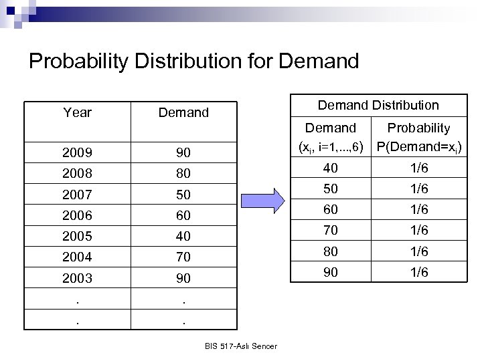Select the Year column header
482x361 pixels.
[77, 112]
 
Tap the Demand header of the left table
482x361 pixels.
[183, 113]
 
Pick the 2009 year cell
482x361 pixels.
[77, 153]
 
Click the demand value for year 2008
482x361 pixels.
[183, 174]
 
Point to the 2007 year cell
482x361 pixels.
[77, 195]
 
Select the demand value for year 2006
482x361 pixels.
[183, 215]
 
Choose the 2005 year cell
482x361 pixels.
[77, 236]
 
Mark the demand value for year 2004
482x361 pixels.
[183, 257]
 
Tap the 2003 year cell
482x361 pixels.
[77, 277]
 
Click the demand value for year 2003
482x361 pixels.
[183, 277]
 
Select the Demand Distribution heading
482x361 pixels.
[378, 105]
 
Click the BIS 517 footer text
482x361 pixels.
[242, 346]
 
